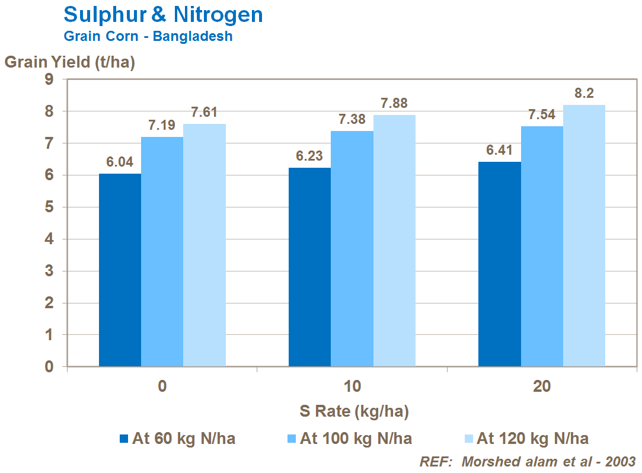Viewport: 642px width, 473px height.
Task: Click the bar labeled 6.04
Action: point(120,270)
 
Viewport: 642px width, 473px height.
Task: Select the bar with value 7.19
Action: point(162,252)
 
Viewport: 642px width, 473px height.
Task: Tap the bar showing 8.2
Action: point(584,236)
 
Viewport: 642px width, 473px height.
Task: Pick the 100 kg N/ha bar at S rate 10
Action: point(352,249)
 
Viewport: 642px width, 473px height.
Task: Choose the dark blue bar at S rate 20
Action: point(499,264)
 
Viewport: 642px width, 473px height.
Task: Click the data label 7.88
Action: point(394,103)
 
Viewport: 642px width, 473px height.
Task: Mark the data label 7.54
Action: point(542,114)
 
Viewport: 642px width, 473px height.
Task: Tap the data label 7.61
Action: point(205,112)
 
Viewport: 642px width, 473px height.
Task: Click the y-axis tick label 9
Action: point(49,79)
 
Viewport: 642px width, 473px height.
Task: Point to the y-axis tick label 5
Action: point(49,207)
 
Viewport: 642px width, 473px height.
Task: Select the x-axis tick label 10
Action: point(352,386)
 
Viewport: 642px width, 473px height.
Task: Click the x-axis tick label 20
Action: point(541,386)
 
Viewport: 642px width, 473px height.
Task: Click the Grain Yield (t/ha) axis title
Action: point(70,62)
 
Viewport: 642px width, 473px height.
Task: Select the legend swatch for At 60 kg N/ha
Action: point(124,439)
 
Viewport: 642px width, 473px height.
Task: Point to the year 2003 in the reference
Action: point(619,461)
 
